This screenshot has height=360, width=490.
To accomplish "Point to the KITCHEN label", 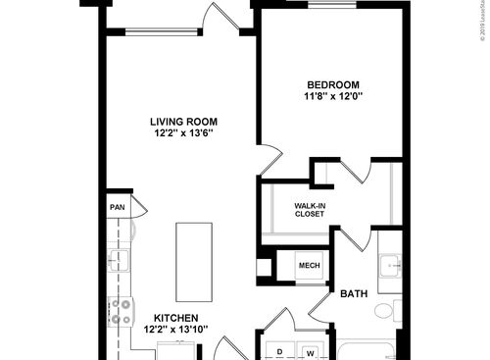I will [176, 319].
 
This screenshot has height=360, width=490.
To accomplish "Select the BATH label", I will [353, 293].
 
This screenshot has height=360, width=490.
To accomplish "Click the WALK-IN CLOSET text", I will [309, 209].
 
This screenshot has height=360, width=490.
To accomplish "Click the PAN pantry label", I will [117, 207].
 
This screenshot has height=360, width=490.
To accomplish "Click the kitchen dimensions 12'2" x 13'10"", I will [176, 331].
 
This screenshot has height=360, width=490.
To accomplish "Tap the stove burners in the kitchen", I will [122, 311].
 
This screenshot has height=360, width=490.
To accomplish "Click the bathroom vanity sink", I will [389, 265].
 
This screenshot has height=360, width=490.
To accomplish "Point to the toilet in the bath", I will [385, 312].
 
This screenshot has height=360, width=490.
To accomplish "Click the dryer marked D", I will [280, 351].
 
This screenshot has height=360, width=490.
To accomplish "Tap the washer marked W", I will [310, 351].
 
